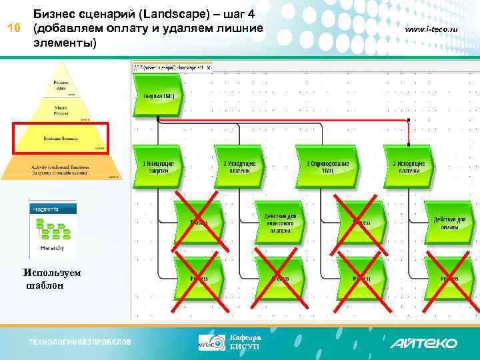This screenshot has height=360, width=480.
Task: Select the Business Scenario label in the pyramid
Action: click(61, 139)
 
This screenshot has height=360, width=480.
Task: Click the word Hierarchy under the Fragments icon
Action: click(51, 247)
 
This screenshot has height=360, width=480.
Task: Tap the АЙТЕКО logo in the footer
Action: click(423, 343)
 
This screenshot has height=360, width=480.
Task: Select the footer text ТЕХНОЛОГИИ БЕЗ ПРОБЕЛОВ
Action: click(80, 343)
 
